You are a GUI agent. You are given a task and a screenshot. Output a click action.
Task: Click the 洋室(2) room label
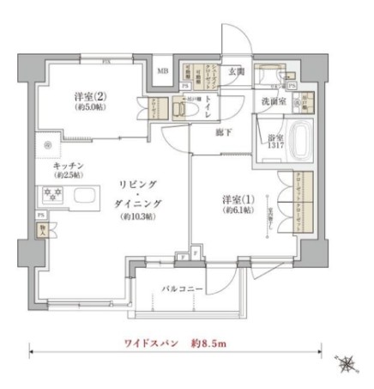(x=84, y=98)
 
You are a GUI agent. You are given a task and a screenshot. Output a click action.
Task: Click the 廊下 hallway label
(x=223, y=134)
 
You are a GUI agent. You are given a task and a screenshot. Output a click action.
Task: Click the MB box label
(x=162, y=70)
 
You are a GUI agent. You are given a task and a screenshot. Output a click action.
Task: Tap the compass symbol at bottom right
(x=346, y=364)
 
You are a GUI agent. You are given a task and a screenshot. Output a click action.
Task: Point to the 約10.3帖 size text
(x=138, y=217)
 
